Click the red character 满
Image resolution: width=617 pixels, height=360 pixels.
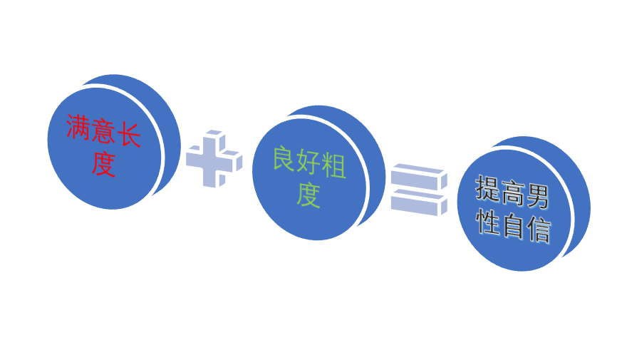pyautogui.click(x=78, y=127)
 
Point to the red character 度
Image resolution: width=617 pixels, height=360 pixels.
pyautogui.click(x=103, y=164)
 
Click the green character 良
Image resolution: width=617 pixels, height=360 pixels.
pyautogui.click(x=284, y=158)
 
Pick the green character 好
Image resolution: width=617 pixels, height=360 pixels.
pyautogui.click(x=309, y=163)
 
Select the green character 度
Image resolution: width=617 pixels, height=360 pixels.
pyautogui.click(x=308, y=195)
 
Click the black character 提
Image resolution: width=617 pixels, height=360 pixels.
pyautogui.click(x=487, y=189)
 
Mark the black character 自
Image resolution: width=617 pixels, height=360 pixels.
pyautogui.click(x=513, y=226)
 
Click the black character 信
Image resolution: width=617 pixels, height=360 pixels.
pyautogui.click(x=539, y=230)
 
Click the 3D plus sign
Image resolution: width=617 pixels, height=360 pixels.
pyautogui.click(x=214, y=158)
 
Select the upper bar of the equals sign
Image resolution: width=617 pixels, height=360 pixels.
pyautogui.click(x=419, y=177)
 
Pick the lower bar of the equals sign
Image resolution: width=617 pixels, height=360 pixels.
pyautogui.click(x=419, y=202)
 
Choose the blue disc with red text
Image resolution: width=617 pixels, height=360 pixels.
pyautogui.click(x=113, y=142)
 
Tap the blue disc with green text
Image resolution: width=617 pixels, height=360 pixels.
pyautogui.click(x=318, y=173)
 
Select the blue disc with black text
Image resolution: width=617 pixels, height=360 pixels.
pyautogui.click(x=524, y=204)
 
